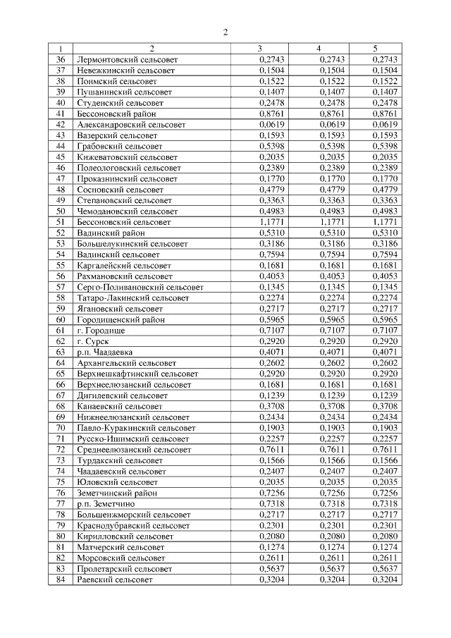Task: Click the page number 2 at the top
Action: pos(225,32)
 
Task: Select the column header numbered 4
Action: pos(319,49)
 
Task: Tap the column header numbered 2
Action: pos(152,49)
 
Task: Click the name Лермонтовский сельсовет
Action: pos(126,60)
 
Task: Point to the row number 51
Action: pos(61,221)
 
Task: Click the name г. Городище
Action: pos(101,330)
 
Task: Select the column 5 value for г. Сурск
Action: pos(385,341)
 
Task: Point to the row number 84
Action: pos(61,579)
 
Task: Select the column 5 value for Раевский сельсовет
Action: pos(385,579)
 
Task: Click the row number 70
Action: pos(61,428)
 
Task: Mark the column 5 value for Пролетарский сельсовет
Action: pos(385,569)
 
